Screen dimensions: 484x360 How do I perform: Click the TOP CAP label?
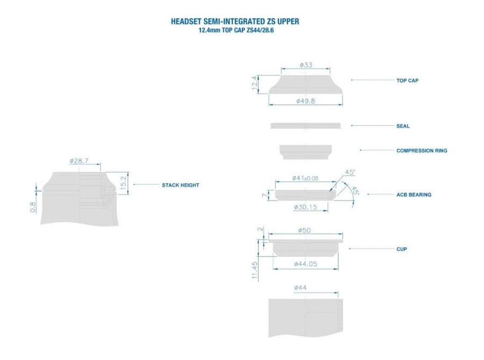(407, 81)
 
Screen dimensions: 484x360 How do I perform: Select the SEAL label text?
(403, 126)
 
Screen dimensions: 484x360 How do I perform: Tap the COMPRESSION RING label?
(422, 150)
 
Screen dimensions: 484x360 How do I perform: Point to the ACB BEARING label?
(414, 195)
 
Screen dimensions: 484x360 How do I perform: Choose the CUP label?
(402, 249)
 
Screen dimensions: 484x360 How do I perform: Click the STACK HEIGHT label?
(181, 185)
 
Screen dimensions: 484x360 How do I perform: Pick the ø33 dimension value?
(306, 65)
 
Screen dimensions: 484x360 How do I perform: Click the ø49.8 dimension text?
(305, 101)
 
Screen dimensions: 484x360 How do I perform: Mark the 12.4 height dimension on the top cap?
(255, 83)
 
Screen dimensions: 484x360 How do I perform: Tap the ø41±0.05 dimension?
(305, 178)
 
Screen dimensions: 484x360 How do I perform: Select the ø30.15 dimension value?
(305, 207)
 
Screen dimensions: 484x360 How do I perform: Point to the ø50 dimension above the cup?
(304, 230)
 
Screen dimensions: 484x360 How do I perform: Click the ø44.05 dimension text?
(305, 264)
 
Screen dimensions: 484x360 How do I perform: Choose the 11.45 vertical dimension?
(255, 270)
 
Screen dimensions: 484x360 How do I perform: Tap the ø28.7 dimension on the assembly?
(79, 161)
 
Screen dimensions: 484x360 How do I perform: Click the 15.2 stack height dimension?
(124, 183)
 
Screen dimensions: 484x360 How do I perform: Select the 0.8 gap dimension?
(33, 207)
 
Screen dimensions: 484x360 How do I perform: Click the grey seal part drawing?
(305, 126)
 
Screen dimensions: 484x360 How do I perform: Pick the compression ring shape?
(305, 152)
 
